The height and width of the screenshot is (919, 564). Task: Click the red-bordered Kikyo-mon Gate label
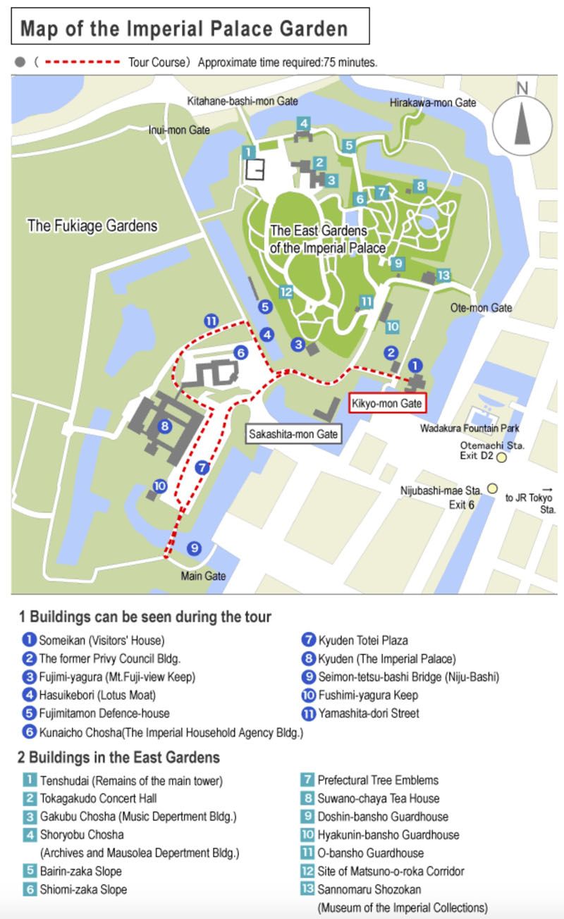[x=387, y=404]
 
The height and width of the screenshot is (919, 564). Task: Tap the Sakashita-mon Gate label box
[x=293, y=434]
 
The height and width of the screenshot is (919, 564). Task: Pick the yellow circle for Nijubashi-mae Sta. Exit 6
[x=493, y=488]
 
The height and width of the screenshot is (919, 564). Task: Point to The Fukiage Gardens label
[x=92, y=226]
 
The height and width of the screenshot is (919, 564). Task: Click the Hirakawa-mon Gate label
[x=433, y=103]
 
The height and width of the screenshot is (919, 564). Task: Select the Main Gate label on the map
[x=203, y=576]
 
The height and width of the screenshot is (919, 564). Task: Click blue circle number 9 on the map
[x=194, y=548]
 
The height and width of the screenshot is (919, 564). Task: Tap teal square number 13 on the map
[x=443, y=275]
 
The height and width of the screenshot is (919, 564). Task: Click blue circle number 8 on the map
[x=164, y=426]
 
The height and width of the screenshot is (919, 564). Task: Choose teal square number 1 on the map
[x=247, y=152]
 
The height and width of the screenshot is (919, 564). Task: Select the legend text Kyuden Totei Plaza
[x=362, y=641]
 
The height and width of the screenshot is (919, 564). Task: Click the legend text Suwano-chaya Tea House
[x=378, y=798]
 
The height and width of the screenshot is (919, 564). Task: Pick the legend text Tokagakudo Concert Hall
[x=97, y=798]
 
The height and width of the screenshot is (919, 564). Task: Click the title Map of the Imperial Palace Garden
[x=184, y=29]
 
